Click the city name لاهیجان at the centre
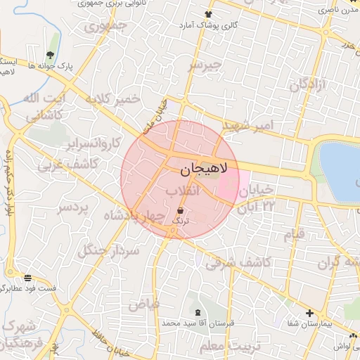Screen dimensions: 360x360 [x=204, y=169]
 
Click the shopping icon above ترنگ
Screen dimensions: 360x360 [x=181, y=210]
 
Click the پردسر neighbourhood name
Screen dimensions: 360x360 [x=72, y=208]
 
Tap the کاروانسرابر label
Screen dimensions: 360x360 [x=71, y=145]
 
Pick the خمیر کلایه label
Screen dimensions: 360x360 [x=108, y=101]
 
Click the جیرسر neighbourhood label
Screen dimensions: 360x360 [x=205, y=65]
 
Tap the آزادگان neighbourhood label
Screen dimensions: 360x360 [x=308, y=85]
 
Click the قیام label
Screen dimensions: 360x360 [x=294, y=234]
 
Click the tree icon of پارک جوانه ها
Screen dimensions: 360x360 [x=50, y=54]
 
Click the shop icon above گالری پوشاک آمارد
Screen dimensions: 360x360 [x=208, y=15]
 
